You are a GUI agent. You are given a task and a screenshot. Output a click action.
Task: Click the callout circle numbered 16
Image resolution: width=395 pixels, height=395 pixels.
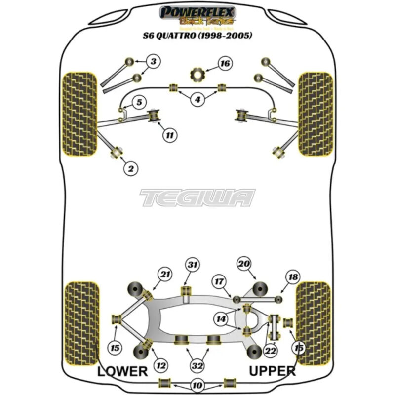click(225, 64)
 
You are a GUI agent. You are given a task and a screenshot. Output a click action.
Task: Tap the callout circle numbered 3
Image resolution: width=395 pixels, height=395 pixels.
click(153, 62)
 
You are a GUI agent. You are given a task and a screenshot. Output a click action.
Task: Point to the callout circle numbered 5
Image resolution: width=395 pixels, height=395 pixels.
click(139, 103)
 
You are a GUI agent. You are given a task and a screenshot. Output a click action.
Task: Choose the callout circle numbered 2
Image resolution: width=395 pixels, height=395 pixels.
click(131, 169)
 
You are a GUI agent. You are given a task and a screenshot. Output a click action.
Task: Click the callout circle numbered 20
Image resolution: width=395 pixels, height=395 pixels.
click(244, 264)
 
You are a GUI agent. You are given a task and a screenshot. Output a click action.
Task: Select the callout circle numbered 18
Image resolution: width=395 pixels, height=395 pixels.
click(293, 277)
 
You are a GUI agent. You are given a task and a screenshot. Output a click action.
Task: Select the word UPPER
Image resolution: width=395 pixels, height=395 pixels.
click(272, 371)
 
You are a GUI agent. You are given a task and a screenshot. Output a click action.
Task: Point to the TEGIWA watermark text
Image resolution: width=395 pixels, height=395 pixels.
click(197, 197)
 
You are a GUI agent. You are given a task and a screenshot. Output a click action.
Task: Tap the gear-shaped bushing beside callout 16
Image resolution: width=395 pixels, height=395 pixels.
click(198, 75)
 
